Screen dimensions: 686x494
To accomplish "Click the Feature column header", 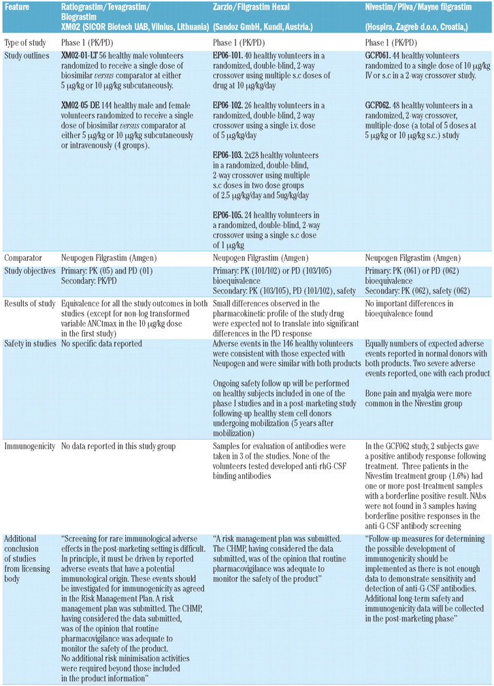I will [x=18, y=7].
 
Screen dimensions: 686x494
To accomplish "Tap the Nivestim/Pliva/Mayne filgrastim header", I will [x=414, y=7].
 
